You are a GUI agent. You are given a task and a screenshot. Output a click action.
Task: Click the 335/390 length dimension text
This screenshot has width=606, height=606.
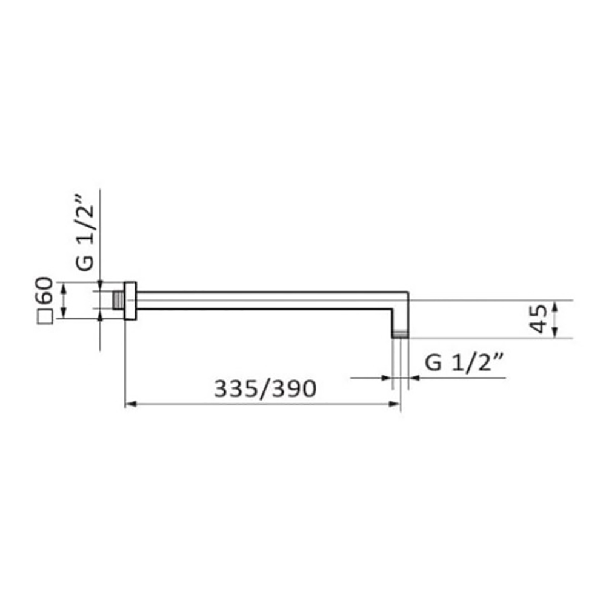click(265, 389)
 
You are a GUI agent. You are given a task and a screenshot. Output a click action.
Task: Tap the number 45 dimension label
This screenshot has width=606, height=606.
click(538, 319)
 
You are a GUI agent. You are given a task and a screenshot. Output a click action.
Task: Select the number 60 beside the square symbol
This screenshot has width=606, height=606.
click(44, 290)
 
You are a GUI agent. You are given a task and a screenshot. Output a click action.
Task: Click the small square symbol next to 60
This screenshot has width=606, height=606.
click(45, 316)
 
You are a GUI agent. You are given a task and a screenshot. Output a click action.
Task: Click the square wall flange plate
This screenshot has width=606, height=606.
click(130, 301)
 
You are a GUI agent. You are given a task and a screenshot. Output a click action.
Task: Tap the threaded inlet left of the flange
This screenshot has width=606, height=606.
click(118, 301)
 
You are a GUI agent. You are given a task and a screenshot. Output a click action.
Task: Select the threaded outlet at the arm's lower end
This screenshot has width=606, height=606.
click(400, 335)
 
